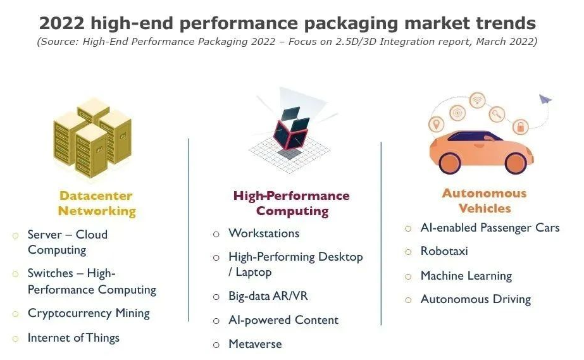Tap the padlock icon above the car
(520, 127)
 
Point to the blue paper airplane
(545, 99)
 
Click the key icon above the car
(497, 114)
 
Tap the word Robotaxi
(444, 251)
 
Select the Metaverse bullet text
(255, 344)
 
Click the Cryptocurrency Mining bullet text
(89, 313)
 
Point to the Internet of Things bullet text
(73, 338)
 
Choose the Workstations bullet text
(264, 233)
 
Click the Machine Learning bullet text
(466, 276)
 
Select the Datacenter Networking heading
(96, 203)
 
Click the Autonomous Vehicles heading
(484, 201)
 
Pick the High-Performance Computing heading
(291, 203)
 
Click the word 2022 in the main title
(61, 23)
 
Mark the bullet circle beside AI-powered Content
(216, 321)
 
